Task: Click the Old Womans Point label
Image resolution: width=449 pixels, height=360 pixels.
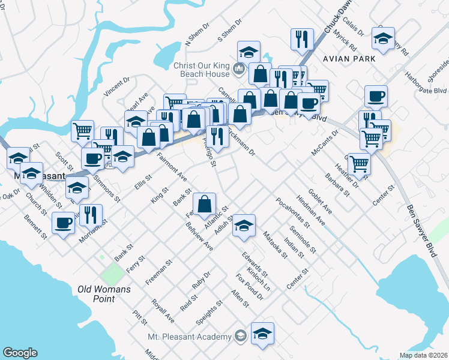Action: click(x=97, y=293)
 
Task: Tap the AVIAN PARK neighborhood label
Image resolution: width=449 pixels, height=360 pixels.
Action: click(x=349, y=58)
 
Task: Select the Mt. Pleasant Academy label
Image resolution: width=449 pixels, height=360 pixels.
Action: click(x=189, y=337)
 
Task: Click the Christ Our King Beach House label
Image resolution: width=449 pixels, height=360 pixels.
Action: click(x=201, y=70)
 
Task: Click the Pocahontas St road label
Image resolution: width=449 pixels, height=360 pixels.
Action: click(x=293, y=214)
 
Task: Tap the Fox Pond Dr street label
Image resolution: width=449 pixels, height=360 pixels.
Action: click(x=250, y=286)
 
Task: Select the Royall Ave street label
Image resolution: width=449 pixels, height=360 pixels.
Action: click(x=162, y=311)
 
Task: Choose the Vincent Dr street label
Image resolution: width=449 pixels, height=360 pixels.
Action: click(x=116, y=87)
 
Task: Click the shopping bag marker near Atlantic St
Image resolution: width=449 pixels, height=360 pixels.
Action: click(x=205, y=203)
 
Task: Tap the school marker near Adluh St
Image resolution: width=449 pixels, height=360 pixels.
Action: click(x=244, y=224)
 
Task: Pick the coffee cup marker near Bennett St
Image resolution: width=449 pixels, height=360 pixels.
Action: click(x=63, y=223)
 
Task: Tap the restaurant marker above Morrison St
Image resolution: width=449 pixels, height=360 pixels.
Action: click(x=91, y=214)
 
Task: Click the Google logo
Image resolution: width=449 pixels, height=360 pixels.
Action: click(x=20, y=353)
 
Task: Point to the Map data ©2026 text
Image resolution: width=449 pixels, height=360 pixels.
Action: click(x=424, y=355)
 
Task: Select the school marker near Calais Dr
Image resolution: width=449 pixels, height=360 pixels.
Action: click(x=382, y=38)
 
